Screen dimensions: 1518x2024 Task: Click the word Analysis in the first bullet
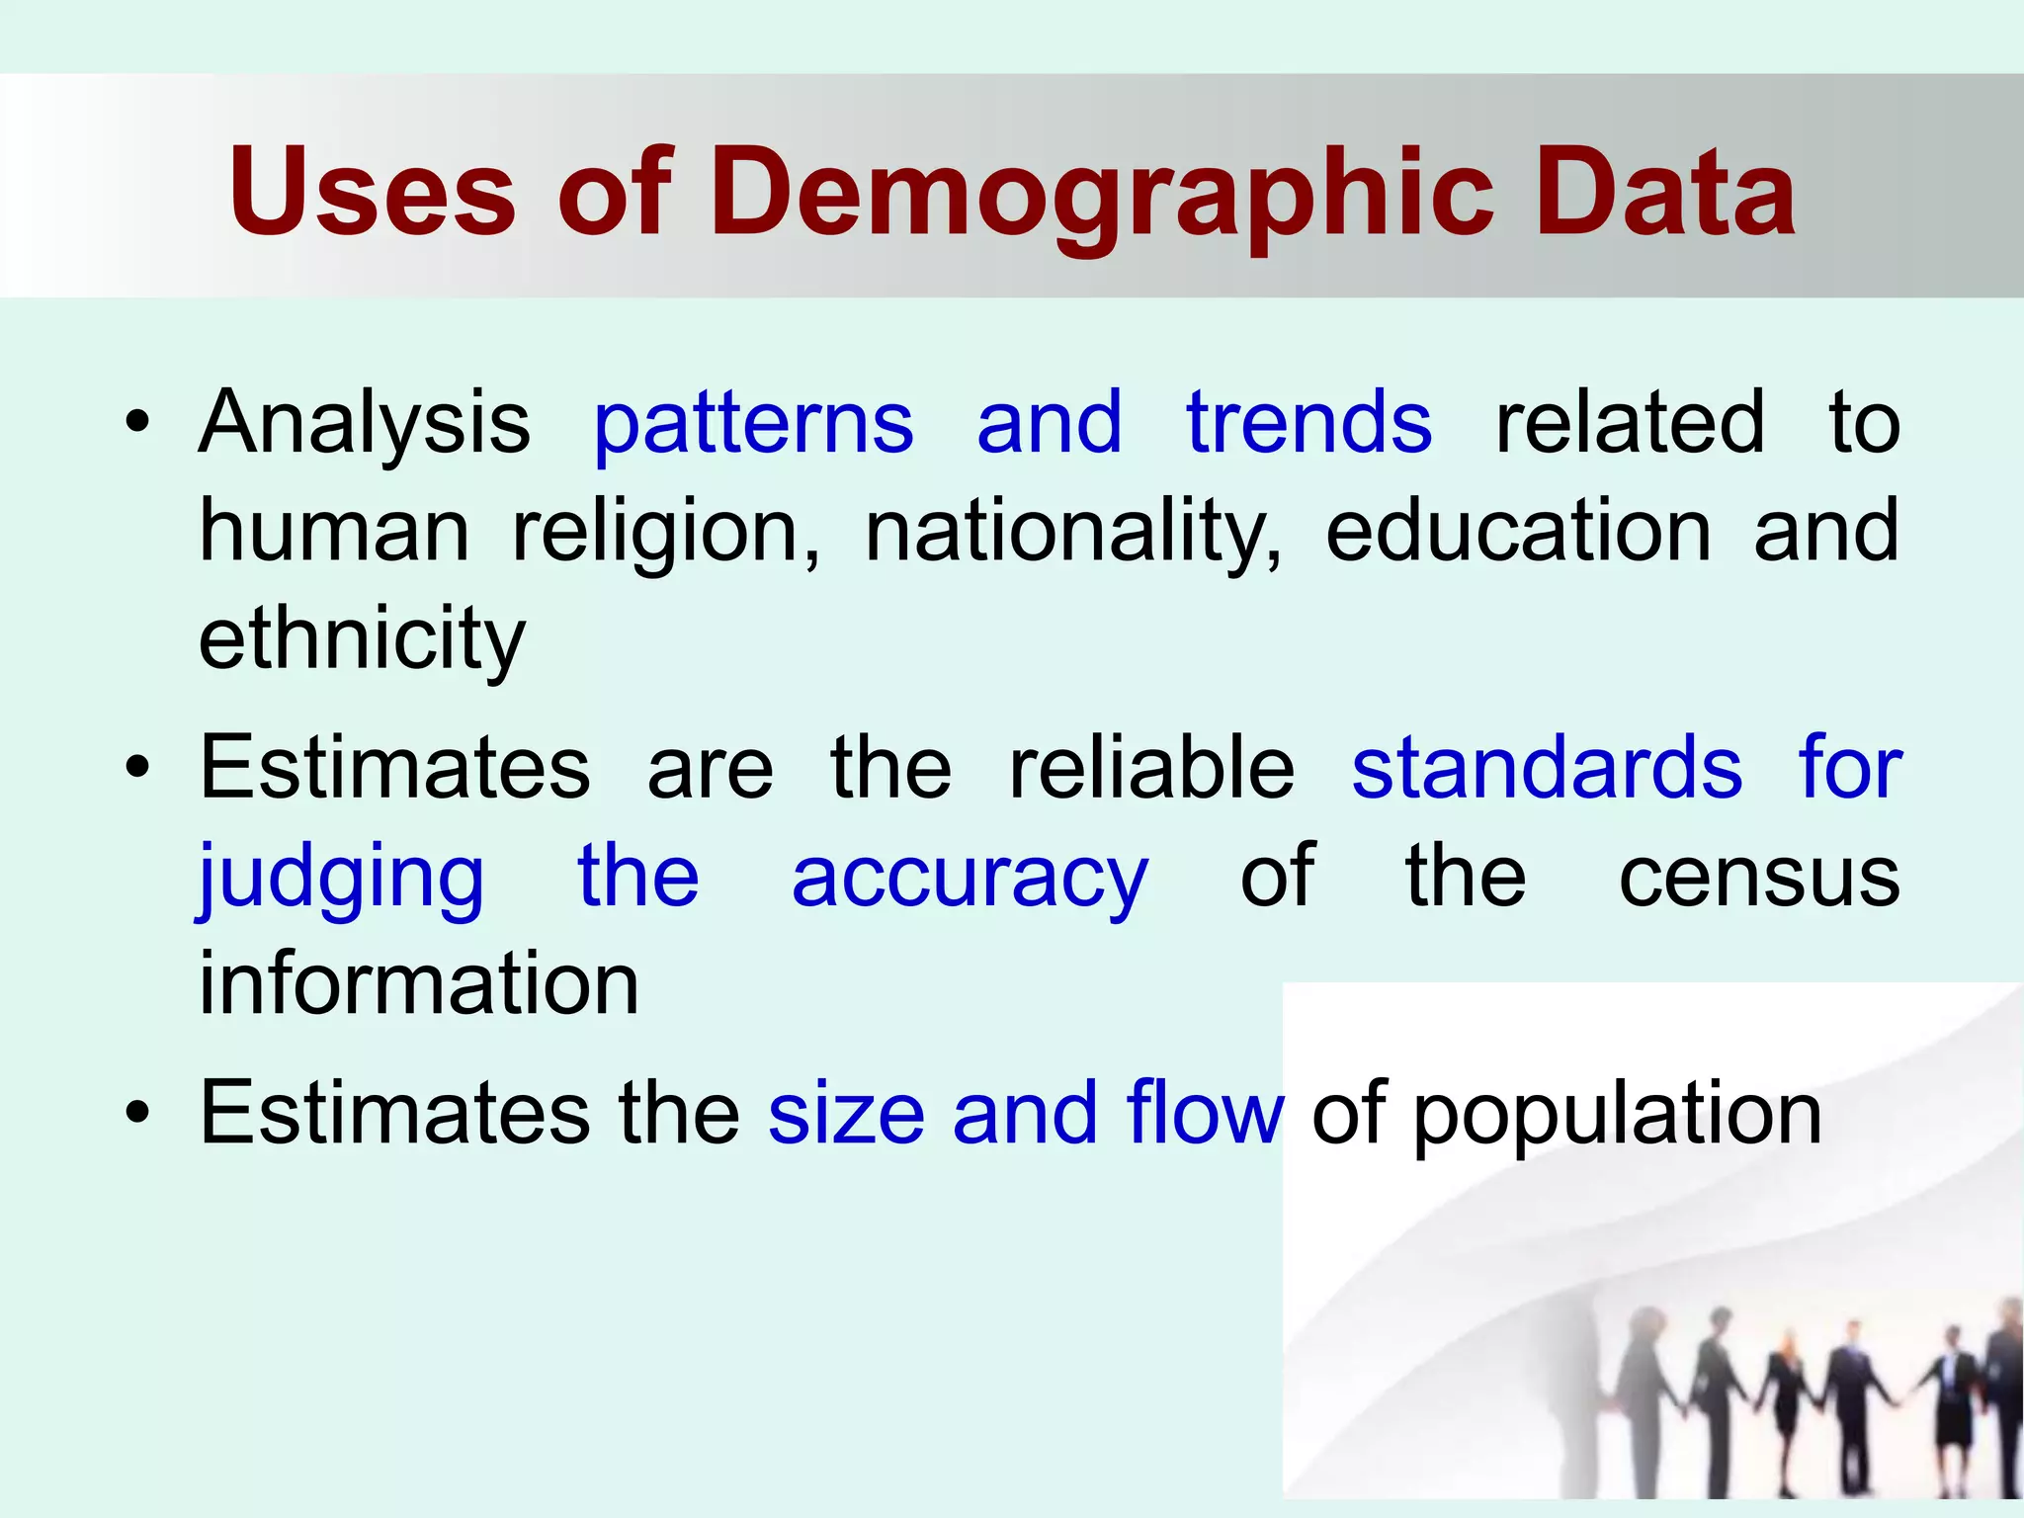365,424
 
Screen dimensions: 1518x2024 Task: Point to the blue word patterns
753,426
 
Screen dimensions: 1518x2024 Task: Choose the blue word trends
1308,423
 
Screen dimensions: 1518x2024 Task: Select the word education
1517,532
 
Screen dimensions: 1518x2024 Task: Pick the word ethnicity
362,639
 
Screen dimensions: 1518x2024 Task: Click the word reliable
1151,768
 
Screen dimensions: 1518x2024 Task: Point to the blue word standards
1547,768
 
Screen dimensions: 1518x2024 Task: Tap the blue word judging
341,879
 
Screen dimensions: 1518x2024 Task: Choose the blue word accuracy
970,879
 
